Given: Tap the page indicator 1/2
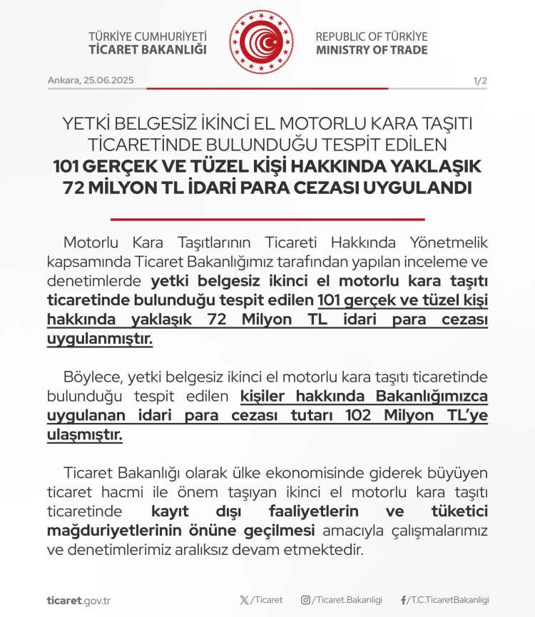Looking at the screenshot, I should tap(479, 81).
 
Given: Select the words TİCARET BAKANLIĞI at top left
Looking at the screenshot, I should tap(147, 50).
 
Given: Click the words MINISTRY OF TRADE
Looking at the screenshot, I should tap(372, 50).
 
